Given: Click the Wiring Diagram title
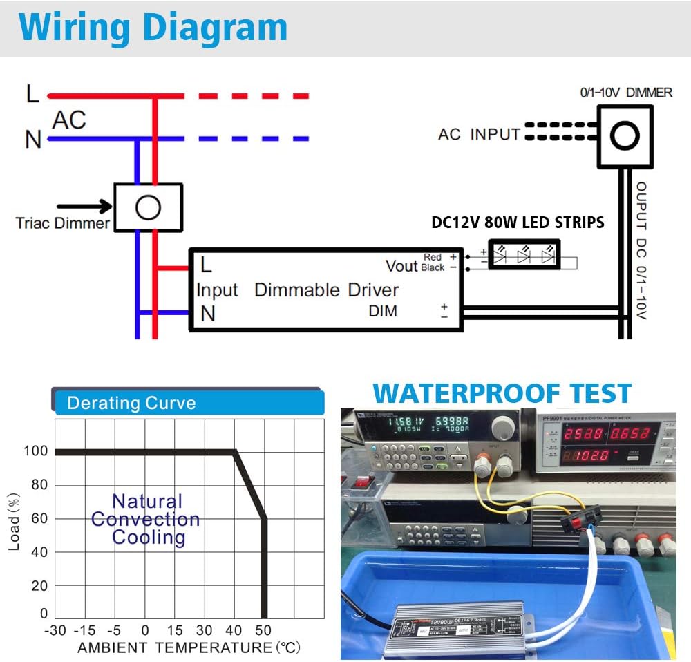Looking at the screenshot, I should (153, 28).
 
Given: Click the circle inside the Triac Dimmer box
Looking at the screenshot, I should (148, 207).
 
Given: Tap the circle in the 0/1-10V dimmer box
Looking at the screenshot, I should (625, 136).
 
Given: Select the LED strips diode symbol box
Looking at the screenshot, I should (524, 254).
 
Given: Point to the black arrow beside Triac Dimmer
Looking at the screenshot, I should (84, 206).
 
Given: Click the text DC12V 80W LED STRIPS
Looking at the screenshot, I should (518, 223).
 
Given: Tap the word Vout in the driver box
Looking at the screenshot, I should (402, 266).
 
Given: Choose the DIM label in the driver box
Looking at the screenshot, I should (383, 311).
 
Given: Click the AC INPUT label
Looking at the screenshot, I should (478, 134).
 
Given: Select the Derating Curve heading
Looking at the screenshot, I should (131, 404).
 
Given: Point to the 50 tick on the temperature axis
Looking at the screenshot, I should (264, 630).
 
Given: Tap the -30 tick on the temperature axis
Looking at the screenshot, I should (55, 630).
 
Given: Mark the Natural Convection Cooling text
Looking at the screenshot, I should (146, 519).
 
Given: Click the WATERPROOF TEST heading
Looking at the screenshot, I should (502, 393).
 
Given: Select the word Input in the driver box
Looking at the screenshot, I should (217, 290).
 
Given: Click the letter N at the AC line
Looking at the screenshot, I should (32, 140).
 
